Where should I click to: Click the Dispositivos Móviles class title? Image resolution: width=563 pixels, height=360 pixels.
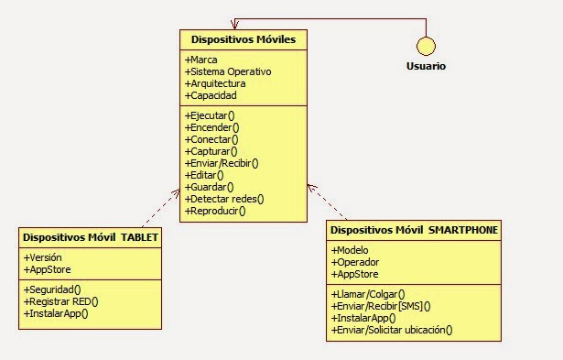pyautogui.click(x=243, y=40)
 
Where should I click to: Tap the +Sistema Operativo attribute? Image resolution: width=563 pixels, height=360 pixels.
pyautogui.click(x=228, y=71)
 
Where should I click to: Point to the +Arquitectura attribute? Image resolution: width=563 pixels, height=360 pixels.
pyautogui.click(x=215, y=83)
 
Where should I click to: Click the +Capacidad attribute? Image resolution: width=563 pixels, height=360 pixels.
pyautogui.click(x=211, y=95)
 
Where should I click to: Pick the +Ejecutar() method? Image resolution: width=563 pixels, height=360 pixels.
pyautogui.click(x=211, y=115)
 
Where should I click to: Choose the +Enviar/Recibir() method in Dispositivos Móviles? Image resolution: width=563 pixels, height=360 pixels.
pyautogui.click(x=222, y=163)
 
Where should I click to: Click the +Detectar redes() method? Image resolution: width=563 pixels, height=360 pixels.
pyautogui.click(x=224, y=199)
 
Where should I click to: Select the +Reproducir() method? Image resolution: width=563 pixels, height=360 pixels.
pyautogui.click(x=216, y=211)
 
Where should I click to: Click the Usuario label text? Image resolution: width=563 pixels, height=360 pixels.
pyautogui.click(x=426, y=66)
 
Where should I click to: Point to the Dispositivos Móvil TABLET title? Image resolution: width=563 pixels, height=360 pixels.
pyautogui.click(x=91, y=237)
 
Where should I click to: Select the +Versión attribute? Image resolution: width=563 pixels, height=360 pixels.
pyautogui.click(x=43, y=257)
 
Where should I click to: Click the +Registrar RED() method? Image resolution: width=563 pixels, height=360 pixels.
pyautogui.click(x=60, y=300)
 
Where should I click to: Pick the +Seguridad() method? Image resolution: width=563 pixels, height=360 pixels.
pyautogui.click(x=52, y=289)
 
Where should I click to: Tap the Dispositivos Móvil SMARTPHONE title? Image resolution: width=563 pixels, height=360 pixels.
pyautogui.click(x=414, y=230)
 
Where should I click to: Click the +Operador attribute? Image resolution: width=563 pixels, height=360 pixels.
pyautogui.click(x=354, y=262)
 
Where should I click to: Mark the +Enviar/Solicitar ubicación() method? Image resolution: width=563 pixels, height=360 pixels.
pyautogui.click(x=392, y=330)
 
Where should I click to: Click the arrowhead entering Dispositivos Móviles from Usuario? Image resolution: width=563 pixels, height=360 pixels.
pyautogui.click(x=236, y=23)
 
